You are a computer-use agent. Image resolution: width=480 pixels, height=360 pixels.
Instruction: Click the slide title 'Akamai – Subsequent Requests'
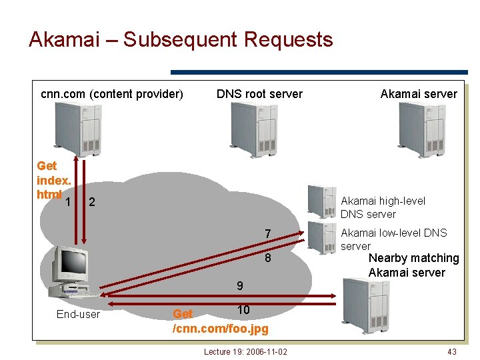pyautogui.click(x=181, y=39)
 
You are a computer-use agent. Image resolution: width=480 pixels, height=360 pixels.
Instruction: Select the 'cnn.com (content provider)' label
pyautogui.click(x=112, y=94)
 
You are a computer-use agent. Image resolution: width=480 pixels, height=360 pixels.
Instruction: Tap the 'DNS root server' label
pyautogui.click(x=259, y=94)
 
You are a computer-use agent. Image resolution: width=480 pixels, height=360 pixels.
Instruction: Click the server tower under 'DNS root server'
pyautogui.click(x=253, y=130)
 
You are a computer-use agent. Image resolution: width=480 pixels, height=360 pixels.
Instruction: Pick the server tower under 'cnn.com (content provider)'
pyautogui.click(x=78, y=130)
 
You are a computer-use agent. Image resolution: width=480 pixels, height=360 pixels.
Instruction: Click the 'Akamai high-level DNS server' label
pyautogui.click(x=383, y=207)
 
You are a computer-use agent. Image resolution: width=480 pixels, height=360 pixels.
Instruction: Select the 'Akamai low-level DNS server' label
pyautogui.click(x=393, y=239)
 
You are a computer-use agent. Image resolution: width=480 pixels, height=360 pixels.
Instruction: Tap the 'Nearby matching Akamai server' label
pyautogui.click(x=413, y=265)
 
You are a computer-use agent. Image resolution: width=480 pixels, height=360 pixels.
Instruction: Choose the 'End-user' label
pyautogui.click(x=78, y=314)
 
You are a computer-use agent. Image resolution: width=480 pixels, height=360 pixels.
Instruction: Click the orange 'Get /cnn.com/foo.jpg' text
pyautogui.click(x=220, y=321)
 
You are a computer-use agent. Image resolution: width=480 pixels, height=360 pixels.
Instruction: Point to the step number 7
pyautogui.click(x=267, y=234)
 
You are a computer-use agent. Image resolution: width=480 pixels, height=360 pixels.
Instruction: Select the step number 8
pyautogui.click(x=267, y=258)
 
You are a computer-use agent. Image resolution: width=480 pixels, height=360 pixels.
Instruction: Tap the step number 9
pyautogui.click(x=239, y=286)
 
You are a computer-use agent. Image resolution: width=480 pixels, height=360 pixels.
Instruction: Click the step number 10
pyautogui.click(x=243, y=310)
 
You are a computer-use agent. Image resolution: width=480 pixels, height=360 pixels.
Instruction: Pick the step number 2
pyautogui.click(x=92, y=202)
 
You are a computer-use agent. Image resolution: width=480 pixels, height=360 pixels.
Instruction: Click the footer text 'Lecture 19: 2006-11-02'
pyautogui.click(x=245, y=351)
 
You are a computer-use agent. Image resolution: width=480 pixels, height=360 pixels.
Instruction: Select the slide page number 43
pyautogui.click(x=451, y=351)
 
